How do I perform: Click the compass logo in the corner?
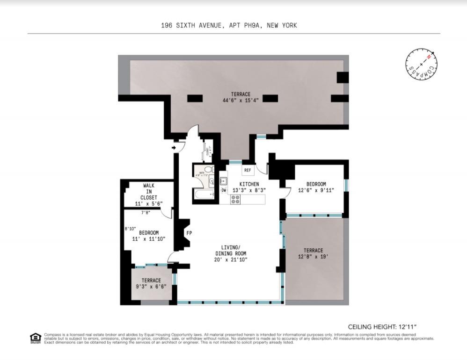tap(422, 65)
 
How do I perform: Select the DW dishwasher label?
tap(224, 190)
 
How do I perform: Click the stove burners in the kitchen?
tap(235, 200)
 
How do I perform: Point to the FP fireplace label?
tap(189, 232)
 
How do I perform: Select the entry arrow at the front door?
tap(174, 148)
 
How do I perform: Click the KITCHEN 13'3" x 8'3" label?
tap(249, 187)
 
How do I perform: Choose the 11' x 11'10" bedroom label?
tap(148, 236)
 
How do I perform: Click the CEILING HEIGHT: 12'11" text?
tap(382, 327)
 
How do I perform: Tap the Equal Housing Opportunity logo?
tap(36, 338)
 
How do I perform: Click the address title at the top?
tap(229, 25)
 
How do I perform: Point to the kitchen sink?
tap(224, 181)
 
